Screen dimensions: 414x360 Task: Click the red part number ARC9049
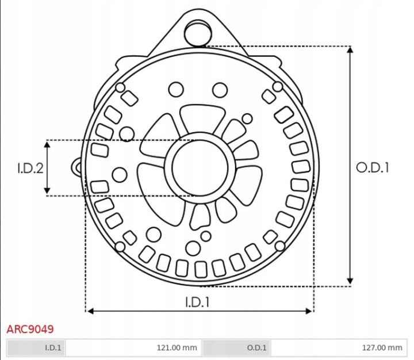tap(30, 329)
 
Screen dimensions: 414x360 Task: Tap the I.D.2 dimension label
tap(30, 168)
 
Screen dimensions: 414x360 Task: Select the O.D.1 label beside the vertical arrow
tap(373, 167)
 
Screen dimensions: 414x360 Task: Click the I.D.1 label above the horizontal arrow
tap(197, 302)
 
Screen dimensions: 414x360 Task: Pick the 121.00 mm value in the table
tap(177, 347)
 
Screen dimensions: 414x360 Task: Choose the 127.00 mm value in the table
tap(382, 347)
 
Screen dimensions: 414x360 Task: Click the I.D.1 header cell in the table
tap(36, 347)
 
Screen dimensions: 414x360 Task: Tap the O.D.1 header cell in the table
tap(236, 347)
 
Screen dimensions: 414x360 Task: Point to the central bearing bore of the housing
tap(200, 168)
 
